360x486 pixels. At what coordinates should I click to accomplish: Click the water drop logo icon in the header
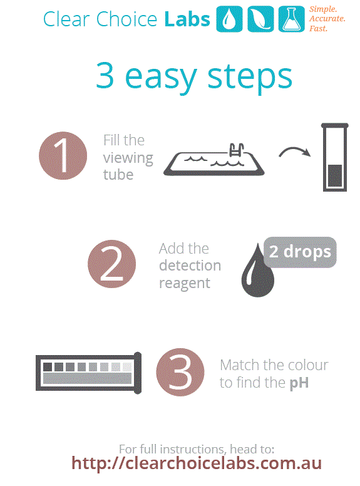click(229, 19)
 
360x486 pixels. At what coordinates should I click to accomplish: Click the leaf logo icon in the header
click(260, 19)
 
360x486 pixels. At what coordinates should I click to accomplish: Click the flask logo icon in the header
click(291, 19)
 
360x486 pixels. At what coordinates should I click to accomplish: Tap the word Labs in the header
click(187, 19)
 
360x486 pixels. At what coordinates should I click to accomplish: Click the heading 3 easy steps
click(193, 76)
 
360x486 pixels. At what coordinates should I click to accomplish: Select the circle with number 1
click(63, 156)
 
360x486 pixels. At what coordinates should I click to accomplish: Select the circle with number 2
click(112, 264)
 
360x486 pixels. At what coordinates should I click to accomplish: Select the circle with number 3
click(180, 373)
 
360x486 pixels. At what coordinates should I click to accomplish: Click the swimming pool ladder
click(237, 150)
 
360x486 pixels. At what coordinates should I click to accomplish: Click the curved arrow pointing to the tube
click(294, 152)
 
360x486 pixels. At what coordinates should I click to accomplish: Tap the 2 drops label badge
click(300, 252)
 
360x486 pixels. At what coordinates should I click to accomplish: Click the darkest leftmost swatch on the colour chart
click(48, 366)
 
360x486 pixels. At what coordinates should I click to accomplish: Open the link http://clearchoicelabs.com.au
click(196, 463)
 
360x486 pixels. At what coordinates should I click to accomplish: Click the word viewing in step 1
click(128, 157)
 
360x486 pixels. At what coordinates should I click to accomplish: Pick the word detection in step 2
click(190, 266)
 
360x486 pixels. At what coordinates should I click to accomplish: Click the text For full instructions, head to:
click(197, 448)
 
